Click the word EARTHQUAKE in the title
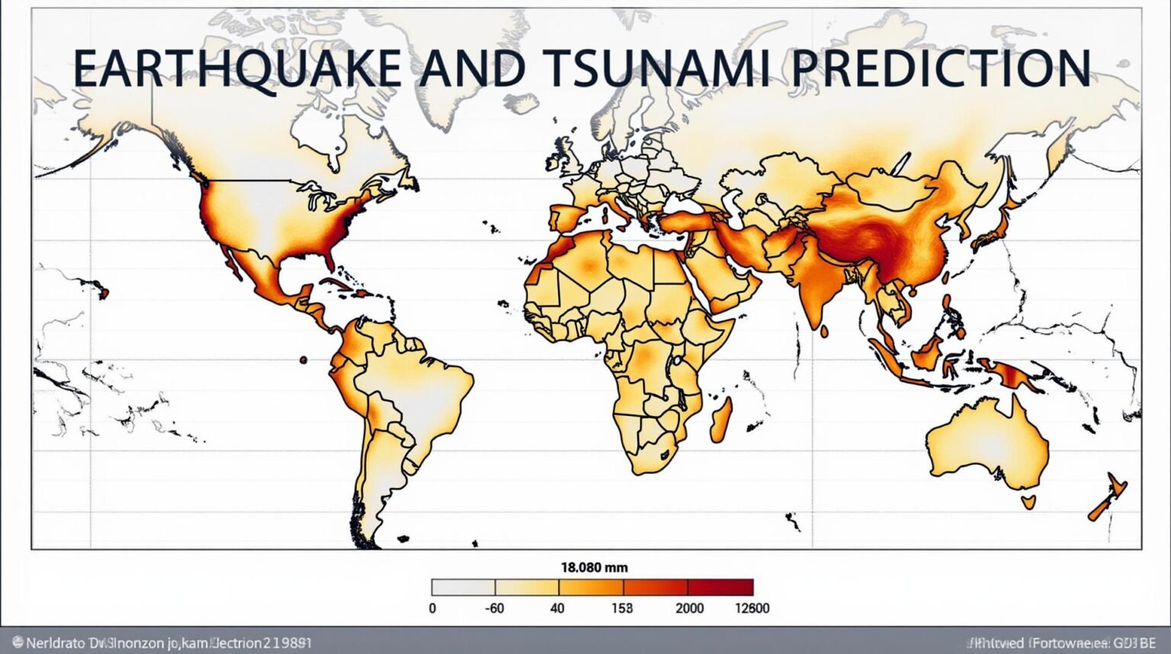[x=236, y=68]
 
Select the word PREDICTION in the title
[x=939, y=68]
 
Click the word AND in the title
[x=473, y=68]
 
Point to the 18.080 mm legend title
[x=594, y=567]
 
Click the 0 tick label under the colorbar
[x=432, y=608]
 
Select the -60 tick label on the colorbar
[x=495, y=608]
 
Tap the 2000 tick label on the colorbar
[x=689, y=608]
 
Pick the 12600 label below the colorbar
[x=751, y=608]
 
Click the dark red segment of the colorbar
[x=720, y=587]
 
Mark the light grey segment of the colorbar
[x=464, y=587]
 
